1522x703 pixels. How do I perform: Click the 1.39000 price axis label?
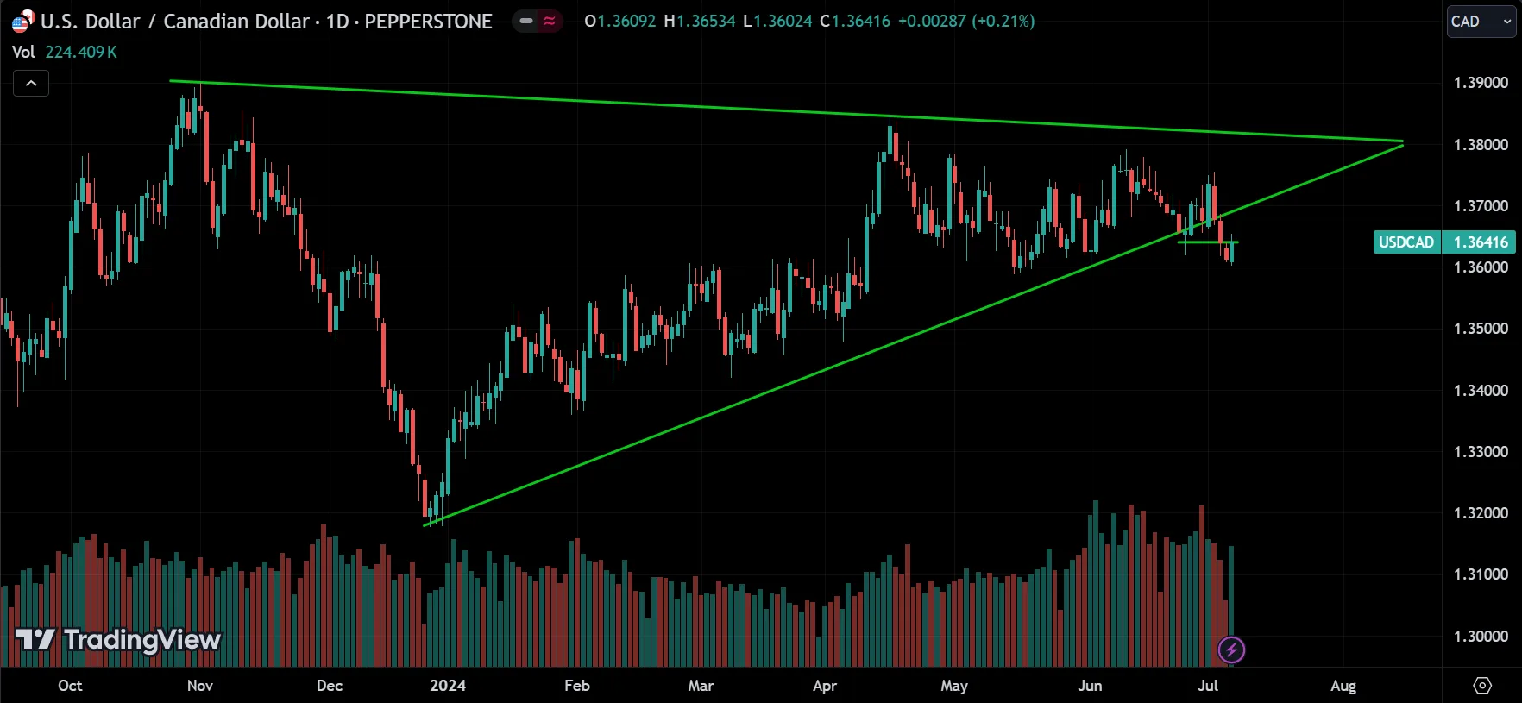point(1481,83)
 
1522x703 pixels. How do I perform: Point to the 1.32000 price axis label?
point(1481,513)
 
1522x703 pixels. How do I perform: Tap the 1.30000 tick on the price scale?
point(1481,637)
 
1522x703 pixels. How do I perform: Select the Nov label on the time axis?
point(200,686)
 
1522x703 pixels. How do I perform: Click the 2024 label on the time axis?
point(448,686)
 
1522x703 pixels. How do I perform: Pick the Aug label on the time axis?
point(1343,686)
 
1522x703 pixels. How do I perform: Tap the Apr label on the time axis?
point(825,686)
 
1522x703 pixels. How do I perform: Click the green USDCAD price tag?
point(1406,242)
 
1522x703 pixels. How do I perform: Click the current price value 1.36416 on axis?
point(1481,242)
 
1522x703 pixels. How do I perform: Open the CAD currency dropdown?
point(1481,22)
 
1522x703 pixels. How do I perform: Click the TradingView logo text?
point(142,639)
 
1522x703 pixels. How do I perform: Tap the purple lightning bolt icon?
point(1231,650)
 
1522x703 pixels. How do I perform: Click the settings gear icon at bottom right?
point(1482,686)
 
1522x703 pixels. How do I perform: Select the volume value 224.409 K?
point(81,52)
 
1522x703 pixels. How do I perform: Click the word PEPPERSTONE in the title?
point(428,22)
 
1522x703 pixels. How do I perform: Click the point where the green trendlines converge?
point(1403,142)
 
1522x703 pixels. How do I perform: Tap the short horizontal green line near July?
point(1207,242)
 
